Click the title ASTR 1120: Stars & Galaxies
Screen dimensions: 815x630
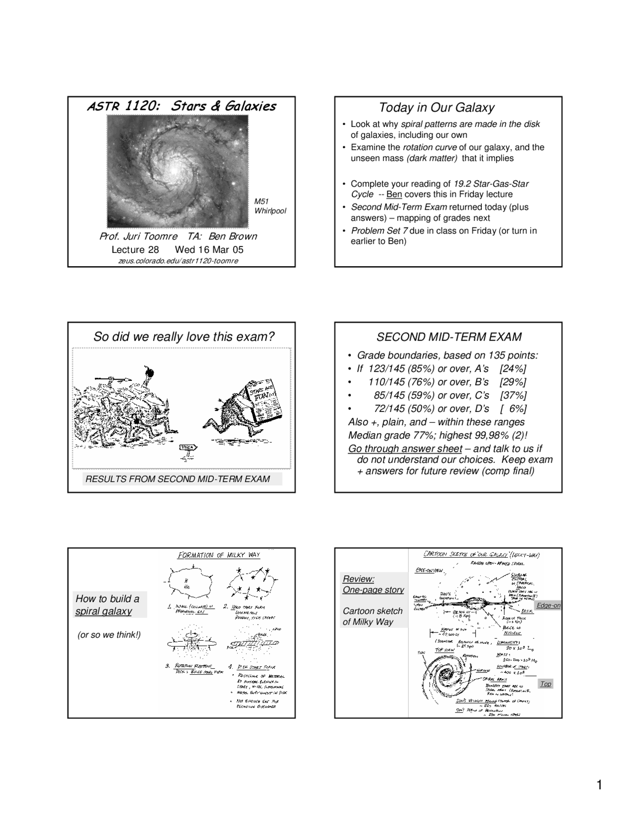181,106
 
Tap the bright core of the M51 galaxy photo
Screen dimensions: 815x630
173,169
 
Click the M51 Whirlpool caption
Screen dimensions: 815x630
269,206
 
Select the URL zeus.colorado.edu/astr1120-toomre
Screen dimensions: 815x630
178,260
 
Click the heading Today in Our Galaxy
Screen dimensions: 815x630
436,108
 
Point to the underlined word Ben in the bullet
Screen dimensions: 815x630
394,194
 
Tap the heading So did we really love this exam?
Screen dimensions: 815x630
184,337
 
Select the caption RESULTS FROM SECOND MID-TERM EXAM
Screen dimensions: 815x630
178,479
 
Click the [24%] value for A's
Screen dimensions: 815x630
512,369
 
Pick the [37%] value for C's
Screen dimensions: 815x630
513,396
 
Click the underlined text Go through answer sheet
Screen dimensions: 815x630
405,449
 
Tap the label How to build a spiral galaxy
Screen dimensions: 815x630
107,605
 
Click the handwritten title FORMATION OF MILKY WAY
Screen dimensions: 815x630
219,556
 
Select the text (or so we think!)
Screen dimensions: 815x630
109,635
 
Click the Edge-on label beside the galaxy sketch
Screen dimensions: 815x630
548,605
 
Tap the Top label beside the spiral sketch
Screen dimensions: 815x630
545,684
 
